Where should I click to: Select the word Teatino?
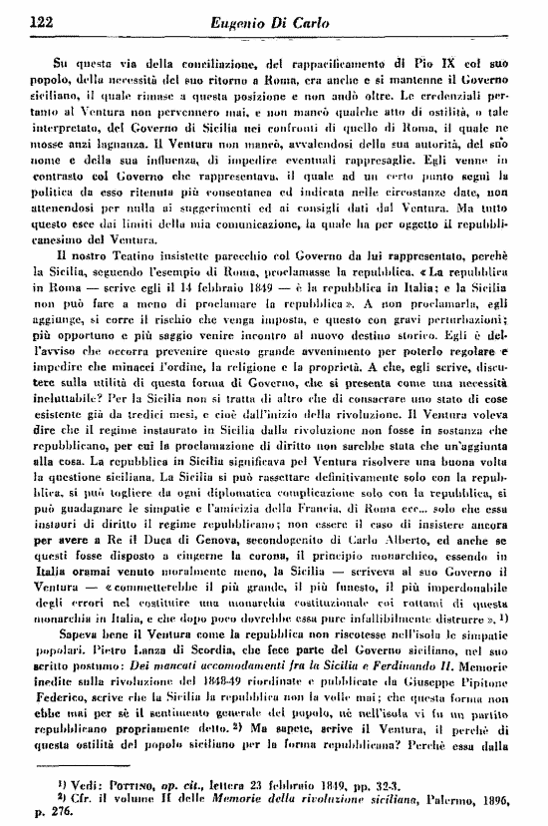(122, 241)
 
